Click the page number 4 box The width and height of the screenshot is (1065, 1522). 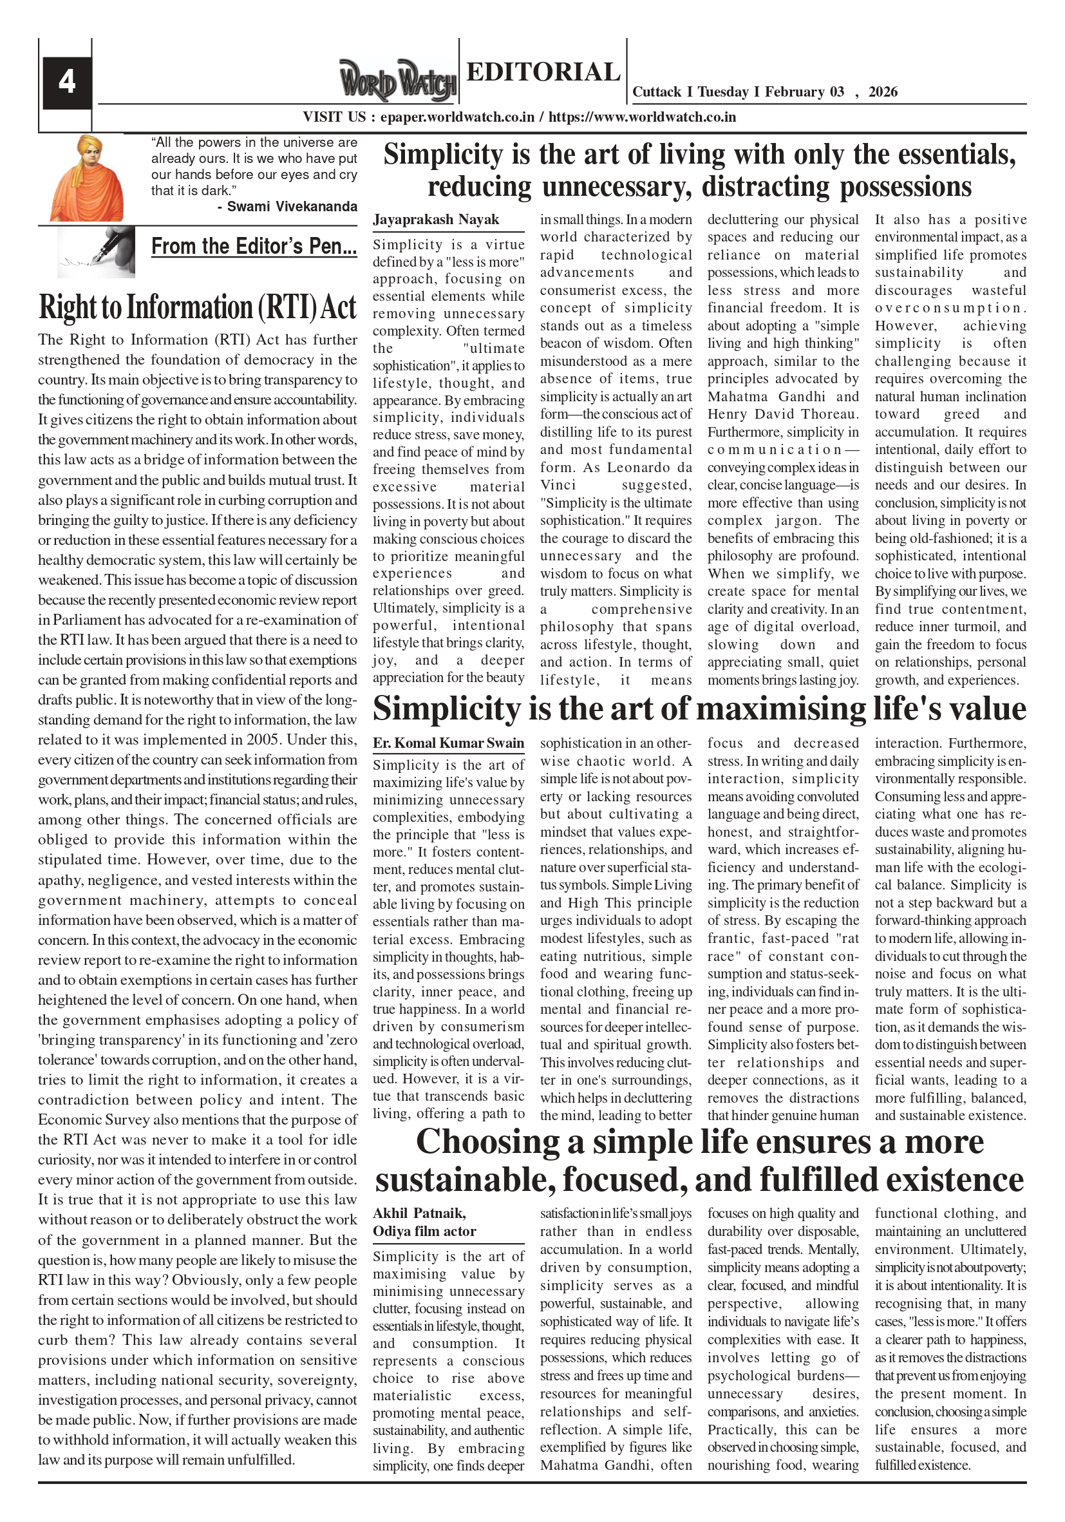[x=66, y=82]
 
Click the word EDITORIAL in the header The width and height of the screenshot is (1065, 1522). [x=543, y=71]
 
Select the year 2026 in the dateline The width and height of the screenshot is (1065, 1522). [x=883, y=92]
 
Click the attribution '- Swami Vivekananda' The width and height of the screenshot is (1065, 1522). [x=287, y=206]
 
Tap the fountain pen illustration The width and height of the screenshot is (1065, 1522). [x=96, y=252]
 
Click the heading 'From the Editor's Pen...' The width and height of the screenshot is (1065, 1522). [x=254, y=247]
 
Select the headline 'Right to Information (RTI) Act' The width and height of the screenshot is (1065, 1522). [x=198, y=307]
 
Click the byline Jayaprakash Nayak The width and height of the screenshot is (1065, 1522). [x=435, y=220]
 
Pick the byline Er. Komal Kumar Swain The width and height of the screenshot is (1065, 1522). [x=448, y=743]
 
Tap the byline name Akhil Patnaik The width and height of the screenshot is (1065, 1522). [x=419, y=1213]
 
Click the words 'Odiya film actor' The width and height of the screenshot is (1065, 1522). [x=424, y=1231]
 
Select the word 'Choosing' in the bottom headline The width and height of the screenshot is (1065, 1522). [x=487, y=1142]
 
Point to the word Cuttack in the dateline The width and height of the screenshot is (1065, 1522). [x=657, y=92]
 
